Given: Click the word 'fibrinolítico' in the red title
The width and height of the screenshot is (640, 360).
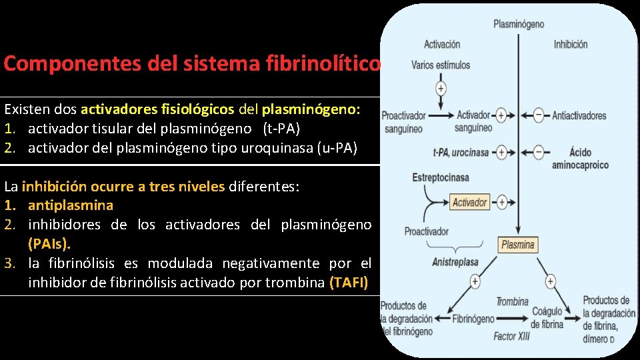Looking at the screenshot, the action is tap(325, 63).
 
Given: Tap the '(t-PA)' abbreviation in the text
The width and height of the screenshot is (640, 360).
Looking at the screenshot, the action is tap(281, 128).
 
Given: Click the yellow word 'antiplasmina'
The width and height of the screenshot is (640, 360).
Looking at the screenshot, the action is tap(71, 205).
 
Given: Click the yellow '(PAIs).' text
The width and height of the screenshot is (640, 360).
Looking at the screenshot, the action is tap(49, 244).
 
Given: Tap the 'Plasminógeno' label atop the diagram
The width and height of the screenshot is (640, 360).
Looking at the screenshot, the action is tap(518, 25).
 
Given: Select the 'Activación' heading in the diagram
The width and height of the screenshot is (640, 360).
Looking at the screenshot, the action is tap(441, 45).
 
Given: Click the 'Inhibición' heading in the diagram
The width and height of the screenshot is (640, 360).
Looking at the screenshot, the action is tap(570, 45).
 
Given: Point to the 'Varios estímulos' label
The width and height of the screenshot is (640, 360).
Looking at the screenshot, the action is tap(441, 65).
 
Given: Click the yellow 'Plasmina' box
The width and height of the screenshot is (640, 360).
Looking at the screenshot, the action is tap(517, 244).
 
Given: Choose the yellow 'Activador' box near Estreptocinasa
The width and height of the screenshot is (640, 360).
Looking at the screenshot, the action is tap(469, 202).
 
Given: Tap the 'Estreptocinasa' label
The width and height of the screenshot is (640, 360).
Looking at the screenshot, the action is tap(441, 178).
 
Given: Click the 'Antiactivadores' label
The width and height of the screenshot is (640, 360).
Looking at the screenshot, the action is tap(579, 115).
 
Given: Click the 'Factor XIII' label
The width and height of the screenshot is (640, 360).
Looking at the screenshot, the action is tap(511, 337).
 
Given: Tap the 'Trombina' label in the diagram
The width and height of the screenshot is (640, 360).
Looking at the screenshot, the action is tap(512, 302).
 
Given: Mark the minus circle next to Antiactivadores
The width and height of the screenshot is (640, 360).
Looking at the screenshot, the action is tap(539, 115).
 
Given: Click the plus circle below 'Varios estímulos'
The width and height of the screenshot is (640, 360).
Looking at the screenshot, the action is tap(441, 88).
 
